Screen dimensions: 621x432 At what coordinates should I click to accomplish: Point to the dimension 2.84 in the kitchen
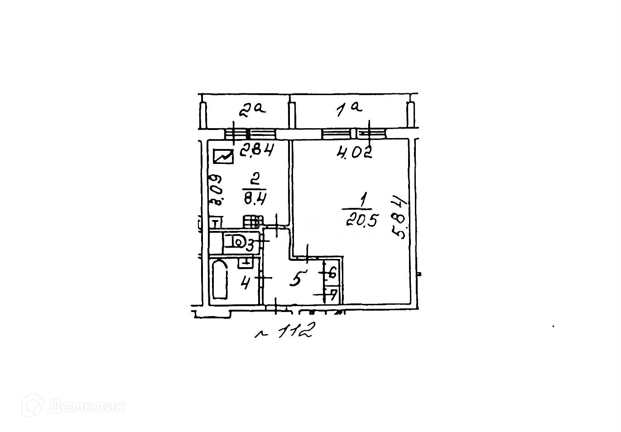tap(256, 150)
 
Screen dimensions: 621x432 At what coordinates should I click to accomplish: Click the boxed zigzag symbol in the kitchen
tap(223, 156)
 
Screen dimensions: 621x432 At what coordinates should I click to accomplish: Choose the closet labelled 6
tap(332, 274)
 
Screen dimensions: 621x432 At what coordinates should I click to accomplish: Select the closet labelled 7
tap(332, 296)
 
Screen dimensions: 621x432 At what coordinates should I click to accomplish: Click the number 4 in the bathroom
tap(246, 283)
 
